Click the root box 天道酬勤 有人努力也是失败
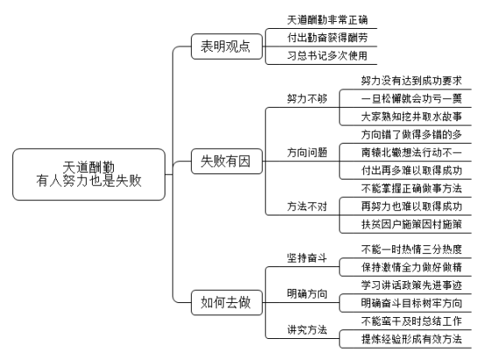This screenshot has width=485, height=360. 88,174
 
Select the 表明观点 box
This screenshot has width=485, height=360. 227,46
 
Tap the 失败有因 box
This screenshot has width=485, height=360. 227,161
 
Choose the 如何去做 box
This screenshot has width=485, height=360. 227,302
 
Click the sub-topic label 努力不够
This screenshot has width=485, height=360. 306,99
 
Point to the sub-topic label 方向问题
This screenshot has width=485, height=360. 306,152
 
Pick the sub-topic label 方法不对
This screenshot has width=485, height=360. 306,207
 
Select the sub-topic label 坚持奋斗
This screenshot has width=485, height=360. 306,258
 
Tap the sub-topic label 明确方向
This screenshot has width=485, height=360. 306,293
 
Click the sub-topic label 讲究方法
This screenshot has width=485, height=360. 306,329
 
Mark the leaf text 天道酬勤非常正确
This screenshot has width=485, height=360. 327,20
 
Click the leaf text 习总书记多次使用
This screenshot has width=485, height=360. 327,56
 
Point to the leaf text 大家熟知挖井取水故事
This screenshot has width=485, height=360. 411,116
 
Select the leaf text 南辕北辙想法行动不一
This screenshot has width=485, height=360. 411,152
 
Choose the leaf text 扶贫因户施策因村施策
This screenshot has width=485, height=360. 411,224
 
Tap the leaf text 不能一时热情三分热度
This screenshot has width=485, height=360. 411,249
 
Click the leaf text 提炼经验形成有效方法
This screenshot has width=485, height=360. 411,339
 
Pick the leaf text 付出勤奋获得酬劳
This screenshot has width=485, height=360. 327,38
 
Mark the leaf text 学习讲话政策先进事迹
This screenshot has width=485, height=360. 411,285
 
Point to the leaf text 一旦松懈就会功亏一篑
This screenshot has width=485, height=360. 411,99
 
